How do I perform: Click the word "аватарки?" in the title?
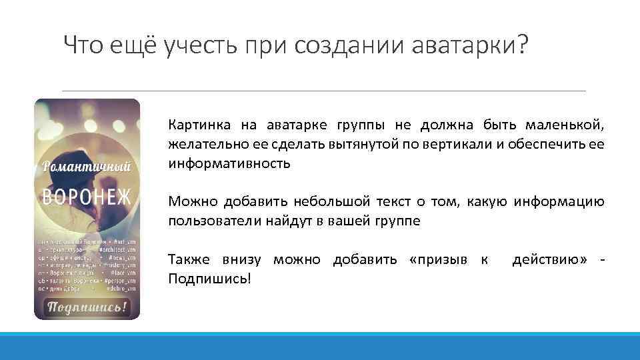click(469, 45)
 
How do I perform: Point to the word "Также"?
click(187, 259)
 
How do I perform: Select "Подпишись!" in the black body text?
click(210, 278)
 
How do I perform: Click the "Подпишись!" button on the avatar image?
click(87, 307)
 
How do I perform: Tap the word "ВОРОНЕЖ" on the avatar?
click(87, 197)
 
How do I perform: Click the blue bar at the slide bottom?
click(320, 346)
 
